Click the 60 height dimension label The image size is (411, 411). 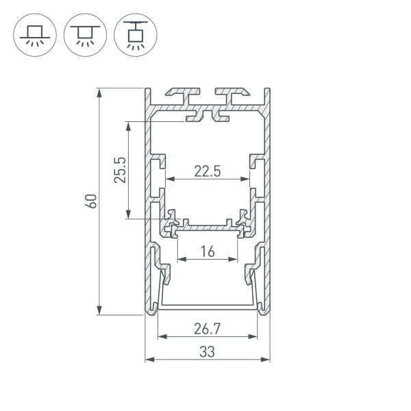(90, 201)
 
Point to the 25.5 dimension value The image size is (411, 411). (120, 171)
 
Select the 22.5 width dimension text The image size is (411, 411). (207, 171)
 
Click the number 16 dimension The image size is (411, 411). (208, 252)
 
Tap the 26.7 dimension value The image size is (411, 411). (207, 329)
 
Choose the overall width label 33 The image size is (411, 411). (207, 352)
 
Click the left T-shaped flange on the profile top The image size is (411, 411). (182, 91)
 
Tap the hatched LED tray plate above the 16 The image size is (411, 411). (208, 226)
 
